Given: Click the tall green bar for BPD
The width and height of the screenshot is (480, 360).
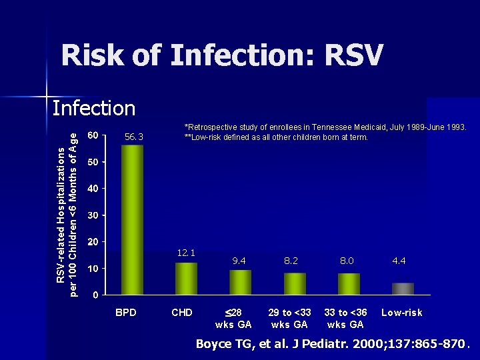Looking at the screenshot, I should (x=132, y=220).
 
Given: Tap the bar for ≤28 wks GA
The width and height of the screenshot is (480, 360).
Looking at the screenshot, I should (x=240, y=282).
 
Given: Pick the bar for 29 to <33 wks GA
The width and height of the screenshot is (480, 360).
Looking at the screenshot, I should (x=295, y=283).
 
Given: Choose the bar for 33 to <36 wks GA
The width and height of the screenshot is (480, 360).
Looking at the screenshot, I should (x=349, y=283).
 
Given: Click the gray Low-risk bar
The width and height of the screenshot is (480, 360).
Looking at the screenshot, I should (x=403, y=288).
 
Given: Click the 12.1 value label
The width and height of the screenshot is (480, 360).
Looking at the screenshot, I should (x=186, y=253).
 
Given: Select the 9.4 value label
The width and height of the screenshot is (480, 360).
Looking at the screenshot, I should (x=239, y=261).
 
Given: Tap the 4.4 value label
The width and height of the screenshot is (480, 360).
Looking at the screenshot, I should (x=399, y=261).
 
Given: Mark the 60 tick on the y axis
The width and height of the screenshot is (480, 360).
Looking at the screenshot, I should (x=94, y=135).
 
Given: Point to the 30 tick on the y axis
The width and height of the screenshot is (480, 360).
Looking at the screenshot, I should (x=94, y=215).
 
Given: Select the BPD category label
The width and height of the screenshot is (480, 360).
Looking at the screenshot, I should (x=126, y=313).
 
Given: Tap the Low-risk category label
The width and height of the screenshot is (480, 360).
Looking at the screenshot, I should (x=401, y=313).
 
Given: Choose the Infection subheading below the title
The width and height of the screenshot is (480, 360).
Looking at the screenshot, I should (x=93, y=108).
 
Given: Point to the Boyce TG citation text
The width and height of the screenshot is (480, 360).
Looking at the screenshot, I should (x=331, y=344).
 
